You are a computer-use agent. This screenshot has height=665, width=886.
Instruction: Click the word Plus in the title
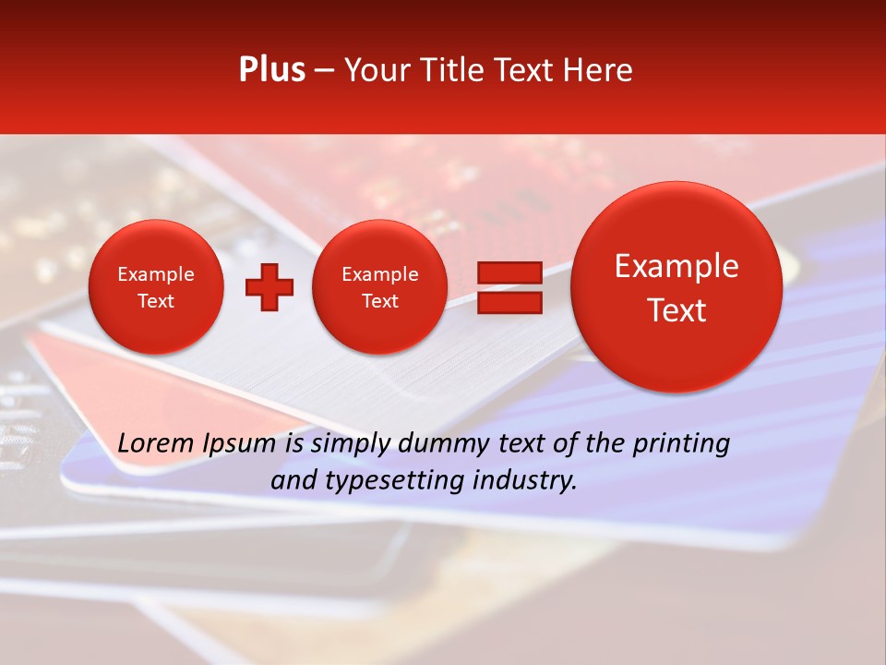(271, 70)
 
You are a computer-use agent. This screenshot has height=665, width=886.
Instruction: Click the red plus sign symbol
(269, 287)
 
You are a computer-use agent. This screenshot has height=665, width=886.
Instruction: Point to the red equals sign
(509, 287)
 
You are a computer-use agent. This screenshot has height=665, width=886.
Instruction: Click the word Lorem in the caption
(156, 443)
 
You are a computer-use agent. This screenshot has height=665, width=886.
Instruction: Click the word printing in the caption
(681, 444)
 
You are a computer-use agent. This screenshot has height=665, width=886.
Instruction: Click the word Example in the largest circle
(676, 266)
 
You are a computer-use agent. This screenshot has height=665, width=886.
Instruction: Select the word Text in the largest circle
(676, 310)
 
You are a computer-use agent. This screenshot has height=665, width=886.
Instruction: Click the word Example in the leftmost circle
(155, 274)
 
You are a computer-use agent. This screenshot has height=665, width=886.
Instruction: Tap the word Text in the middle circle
(379, 301)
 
